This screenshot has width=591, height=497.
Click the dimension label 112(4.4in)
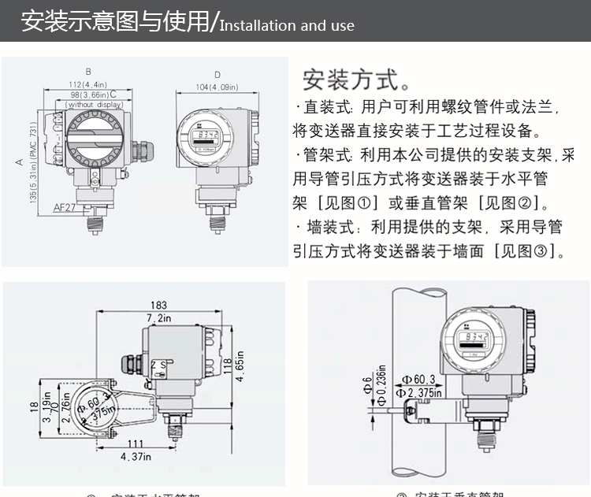[x=87, y=84]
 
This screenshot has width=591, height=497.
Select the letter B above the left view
[x=88, y=71]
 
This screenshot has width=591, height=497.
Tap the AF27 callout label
[x=65, y=207]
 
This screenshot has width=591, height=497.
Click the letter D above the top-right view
[x=217, y=75]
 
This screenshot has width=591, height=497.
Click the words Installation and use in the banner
[x=287, y=25]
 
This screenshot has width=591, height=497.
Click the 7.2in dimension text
[x=160, y=317]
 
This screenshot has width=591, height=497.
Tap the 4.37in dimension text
[x=135, y=455]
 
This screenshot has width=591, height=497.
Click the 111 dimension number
[x=136, y=445]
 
